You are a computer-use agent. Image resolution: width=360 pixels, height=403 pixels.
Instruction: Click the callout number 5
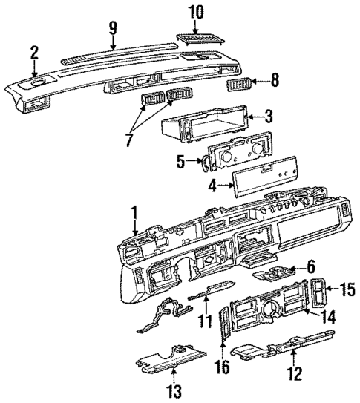coord(181,160)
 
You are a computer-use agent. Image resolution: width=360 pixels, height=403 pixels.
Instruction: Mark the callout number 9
coord(113,28)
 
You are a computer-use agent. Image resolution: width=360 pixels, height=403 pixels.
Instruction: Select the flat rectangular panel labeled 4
coord(261,180)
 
